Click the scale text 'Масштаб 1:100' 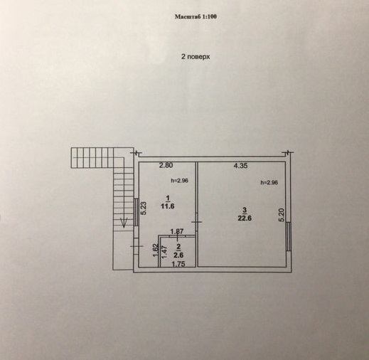(196, 16)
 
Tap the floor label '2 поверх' (196, 57)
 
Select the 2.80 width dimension (166, 165)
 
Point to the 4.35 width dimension (240, 166)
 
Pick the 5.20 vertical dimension (282, 215)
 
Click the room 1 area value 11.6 (168, 206)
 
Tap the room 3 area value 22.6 (245, 218)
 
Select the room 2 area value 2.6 (178, 255)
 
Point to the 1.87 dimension (177, 231)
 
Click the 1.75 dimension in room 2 (178, 264)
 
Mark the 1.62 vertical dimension (156, 250)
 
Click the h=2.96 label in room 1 (179, 181)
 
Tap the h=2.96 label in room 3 (269, 183)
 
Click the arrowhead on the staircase (124, 223)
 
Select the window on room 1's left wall (136, 212)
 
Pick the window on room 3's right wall (289, 236)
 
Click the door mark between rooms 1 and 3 (196, 222)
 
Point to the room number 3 (245, 210)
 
